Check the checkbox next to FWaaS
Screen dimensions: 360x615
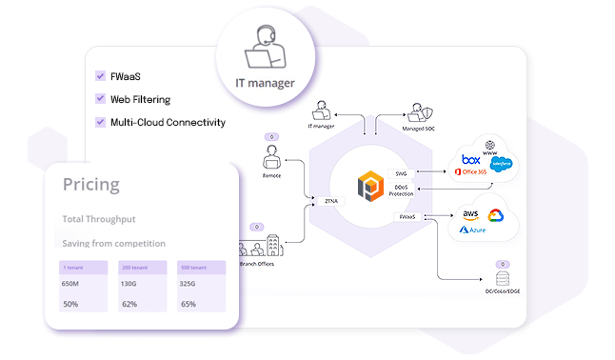click(x=101, y=76)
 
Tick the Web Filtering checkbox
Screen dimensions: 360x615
click(x=101, y=98)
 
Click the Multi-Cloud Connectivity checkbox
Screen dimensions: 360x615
click(x=101, y=122)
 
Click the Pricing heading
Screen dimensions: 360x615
click(x=91, y=184)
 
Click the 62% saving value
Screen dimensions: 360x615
click(x=129, y=304)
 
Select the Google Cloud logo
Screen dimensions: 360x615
click(x=495, y=215)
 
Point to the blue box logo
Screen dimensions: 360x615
click(x=471, y=159)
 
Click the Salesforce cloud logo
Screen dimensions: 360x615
click(x=501, y=164)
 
